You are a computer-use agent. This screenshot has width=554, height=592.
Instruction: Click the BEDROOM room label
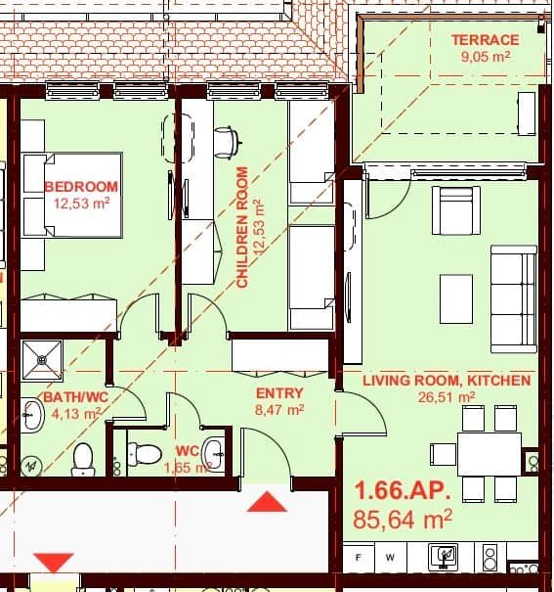[81, 186]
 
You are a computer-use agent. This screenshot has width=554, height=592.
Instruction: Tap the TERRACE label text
[485, 40]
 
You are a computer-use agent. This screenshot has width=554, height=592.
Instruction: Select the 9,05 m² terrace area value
[485, 57]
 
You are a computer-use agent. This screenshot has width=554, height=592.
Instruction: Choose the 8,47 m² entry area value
[278, 411]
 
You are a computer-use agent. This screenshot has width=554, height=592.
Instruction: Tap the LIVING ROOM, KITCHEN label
[447, 380]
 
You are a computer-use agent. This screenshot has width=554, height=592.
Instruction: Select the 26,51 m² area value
[447, 397]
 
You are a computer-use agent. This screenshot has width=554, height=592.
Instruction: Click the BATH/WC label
[74, 397]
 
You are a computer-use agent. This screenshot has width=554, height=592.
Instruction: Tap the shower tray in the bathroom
[41, 359]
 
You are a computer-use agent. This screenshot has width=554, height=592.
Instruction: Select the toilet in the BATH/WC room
[82, 457]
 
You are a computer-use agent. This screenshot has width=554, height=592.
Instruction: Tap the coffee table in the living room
[455, 298]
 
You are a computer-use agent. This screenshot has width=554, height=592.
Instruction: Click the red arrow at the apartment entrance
[267, 502]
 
